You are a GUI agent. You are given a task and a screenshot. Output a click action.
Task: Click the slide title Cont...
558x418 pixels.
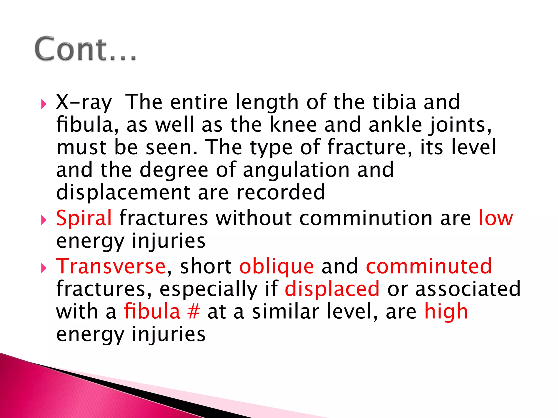point(85,49)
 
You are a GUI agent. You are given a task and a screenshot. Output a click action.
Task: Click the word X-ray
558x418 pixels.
point(84,102)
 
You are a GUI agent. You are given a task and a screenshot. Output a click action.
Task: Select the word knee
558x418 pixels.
point(293,125)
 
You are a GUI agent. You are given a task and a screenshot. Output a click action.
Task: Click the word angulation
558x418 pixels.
point(296,170)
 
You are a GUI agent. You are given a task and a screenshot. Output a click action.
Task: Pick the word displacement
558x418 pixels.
point(123,192)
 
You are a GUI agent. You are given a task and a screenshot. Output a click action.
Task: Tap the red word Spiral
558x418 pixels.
point(84,218)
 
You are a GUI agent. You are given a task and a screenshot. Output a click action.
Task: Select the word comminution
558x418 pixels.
point(366,218)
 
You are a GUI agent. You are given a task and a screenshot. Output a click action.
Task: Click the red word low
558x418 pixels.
point(496,218)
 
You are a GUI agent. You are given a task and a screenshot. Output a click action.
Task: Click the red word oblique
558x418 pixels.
point(277,267)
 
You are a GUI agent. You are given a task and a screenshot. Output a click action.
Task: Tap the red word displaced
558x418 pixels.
point(332,289)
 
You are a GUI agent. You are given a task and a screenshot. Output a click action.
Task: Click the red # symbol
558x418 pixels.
point(194,312)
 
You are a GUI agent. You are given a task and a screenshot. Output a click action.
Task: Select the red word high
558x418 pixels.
point(446,312)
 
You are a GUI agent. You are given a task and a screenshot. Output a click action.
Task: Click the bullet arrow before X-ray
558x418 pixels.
point(44,104)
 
